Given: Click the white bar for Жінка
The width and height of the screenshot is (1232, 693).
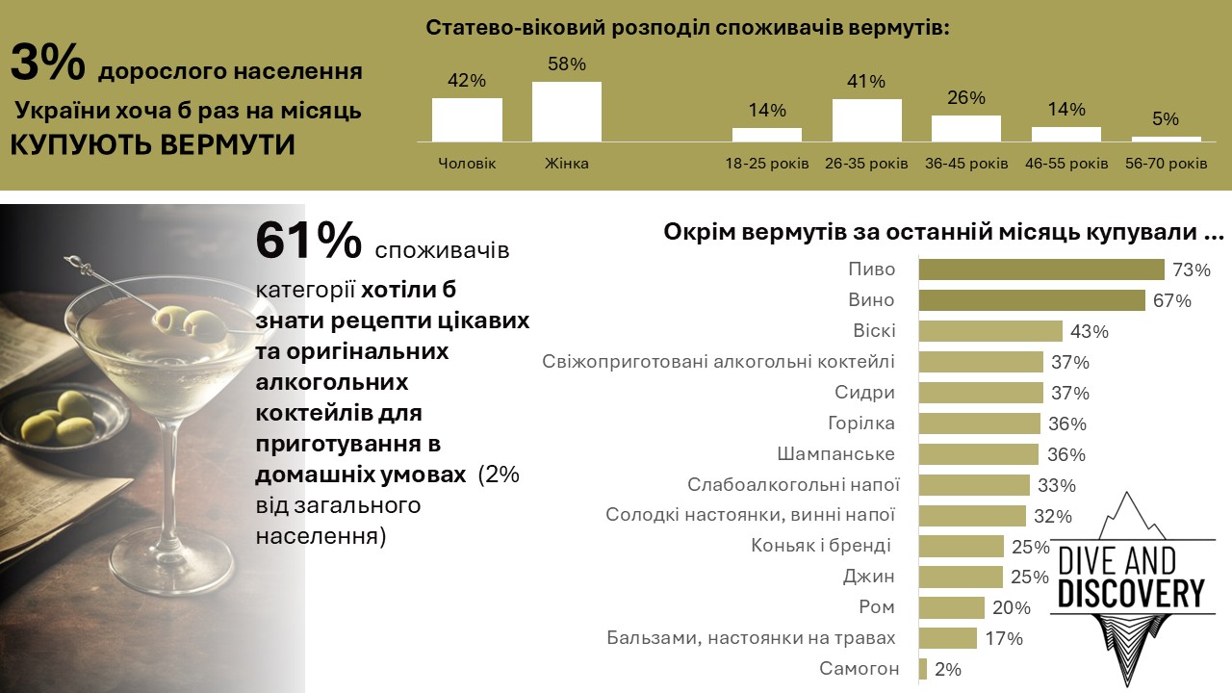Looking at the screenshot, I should click(x=567, y=112).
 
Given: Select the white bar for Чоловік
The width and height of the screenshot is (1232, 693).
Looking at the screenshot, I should click(x=467, y=119).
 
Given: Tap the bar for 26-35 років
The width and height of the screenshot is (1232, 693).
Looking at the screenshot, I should click(x=866, y=120).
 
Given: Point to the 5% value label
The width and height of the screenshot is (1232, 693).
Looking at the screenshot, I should click(x=1166, y=119).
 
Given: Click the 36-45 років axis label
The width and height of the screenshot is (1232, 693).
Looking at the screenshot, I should click(x=966, y=164).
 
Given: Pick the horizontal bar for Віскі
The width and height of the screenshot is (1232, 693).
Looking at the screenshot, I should click(x=990, y=331).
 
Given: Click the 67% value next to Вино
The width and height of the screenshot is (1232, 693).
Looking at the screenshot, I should click(x=1171, y=301).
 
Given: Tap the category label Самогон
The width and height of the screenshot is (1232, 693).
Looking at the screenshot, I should click(x=860, y=669).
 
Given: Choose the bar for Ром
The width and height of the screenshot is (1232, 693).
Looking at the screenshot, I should click(x=952, y=607).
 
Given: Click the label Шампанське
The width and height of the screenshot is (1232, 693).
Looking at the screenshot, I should click(x=836, y=454).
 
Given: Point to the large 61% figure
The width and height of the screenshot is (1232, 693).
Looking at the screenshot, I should click(x=309, y=242).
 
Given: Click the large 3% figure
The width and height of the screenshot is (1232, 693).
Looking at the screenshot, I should click(x=48, y=65).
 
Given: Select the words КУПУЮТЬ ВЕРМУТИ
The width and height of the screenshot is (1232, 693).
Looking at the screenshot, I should click(x=153, y=144).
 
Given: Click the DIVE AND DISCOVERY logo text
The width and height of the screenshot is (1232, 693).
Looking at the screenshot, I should click(x=1131, y=578).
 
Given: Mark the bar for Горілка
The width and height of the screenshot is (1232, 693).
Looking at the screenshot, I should click(x=979, y=423).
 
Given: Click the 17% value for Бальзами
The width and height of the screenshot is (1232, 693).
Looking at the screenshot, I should click(x=1003, y=638).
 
